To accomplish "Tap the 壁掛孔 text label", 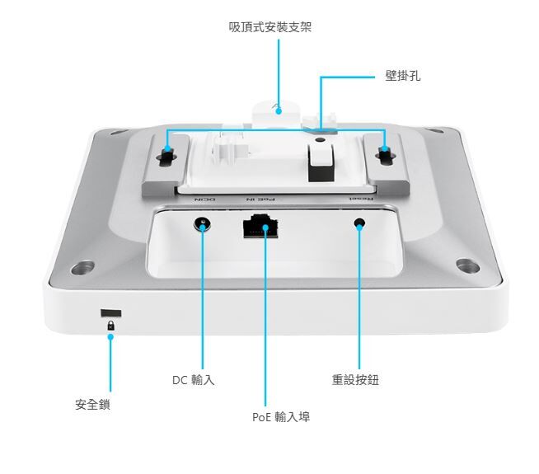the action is click(x=402, y=76).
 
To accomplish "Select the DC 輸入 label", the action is click(x=194, y=380).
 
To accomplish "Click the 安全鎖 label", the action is click(x=92, y=405).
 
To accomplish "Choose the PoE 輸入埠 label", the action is click(x=281, y=417).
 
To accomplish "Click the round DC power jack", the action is click(x=201, y=225).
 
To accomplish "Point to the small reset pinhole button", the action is click(x=359, y=224).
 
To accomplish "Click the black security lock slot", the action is click(x=110, y=313).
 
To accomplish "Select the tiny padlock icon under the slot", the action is click(x=110, y=327).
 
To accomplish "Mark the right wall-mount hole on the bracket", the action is click(x=383, y=154).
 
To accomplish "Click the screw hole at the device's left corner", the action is click(x=81, y=268).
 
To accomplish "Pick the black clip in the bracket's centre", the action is click(x=318, y=161).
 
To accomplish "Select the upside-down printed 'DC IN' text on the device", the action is click(x=204, y=199).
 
